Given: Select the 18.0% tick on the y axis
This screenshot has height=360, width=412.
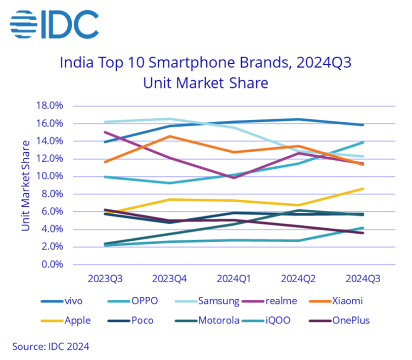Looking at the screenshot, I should pyautogui.click(x=50, y=106).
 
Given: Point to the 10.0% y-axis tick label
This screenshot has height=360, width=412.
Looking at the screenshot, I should pyautogui.click(x=50, y=176).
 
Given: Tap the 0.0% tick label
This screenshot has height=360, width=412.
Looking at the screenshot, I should pyautogui.click(x=52, y=264).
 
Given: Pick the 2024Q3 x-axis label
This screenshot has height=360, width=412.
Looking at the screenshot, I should pyautogui.click(x=363, y=279).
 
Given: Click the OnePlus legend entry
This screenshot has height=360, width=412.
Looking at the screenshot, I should pyautogui.click(x=352, y=320).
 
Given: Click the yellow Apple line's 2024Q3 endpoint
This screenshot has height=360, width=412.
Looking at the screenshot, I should pyautogui.click(x=363, y=189).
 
